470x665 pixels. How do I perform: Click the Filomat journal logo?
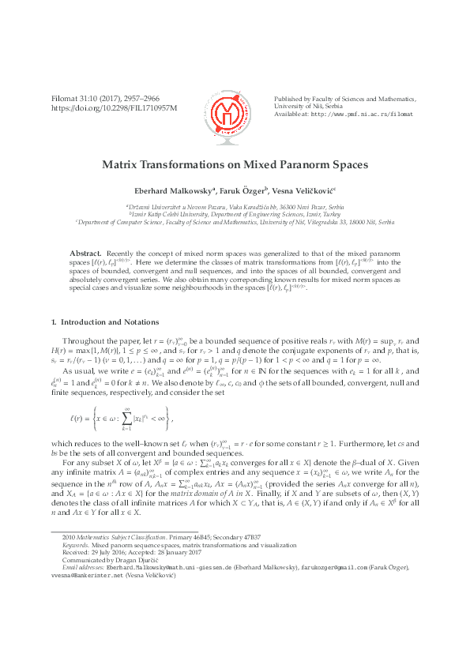coord(235,110)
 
